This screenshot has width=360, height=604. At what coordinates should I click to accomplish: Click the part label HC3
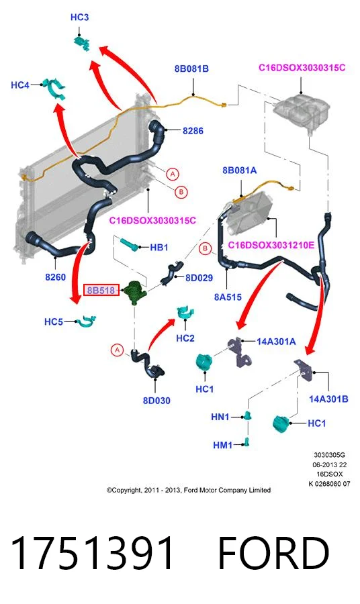[x=79, y=17]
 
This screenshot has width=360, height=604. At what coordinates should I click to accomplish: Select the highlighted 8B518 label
[x=101, y=290]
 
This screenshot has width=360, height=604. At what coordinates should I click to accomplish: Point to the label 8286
[x=193, y=131]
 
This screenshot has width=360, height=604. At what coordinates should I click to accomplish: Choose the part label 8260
[x=56, y=277]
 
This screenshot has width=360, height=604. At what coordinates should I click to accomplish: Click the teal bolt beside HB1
[x=130, y=244]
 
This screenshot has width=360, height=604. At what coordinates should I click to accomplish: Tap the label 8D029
[x=199, y=278]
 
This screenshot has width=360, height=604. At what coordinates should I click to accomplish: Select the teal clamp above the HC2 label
[x=185, y=312]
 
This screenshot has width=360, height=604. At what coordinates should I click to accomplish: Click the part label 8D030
[x=156, y=401]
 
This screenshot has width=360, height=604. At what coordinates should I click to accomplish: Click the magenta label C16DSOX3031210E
[x=271, y=245]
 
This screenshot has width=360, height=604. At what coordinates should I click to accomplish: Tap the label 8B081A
[x=239, y=170]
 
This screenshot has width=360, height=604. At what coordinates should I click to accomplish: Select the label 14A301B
[x=328, y=399]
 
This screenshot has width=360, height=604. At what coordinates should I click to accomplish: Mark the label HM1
[x=223, y=446]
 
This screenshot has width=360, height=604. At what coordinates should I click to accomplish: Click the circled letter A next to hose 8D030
[x=117, y=350]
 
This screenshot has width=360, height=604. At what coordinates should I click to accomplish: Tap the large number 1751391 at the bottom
[x=92, y=553]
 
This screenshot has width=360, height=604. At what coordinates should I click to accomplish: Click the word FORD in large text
[x=273, y=553]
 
